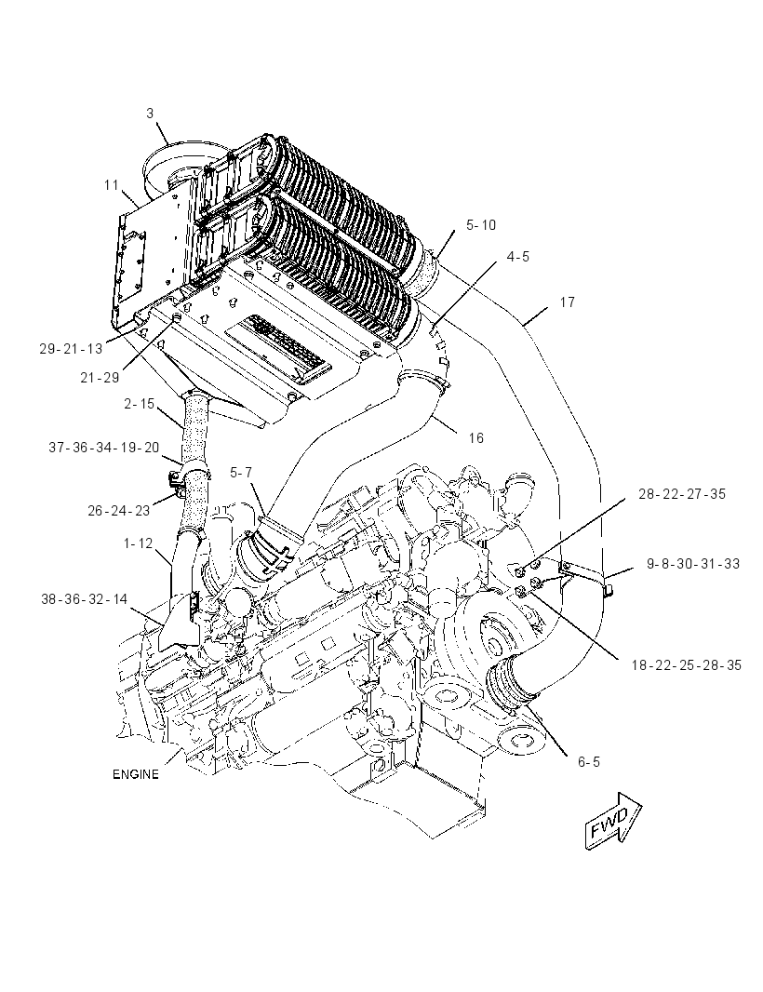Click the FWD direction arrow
613,820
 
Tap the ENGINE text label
136,774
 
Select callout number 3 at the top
150,114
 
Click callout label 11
112,185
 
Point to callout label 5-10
481,225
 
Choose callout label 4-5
517,257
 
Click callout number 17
567,302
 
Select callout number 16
475,437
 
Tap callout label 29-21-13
71,349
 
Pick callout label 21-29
100,378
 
